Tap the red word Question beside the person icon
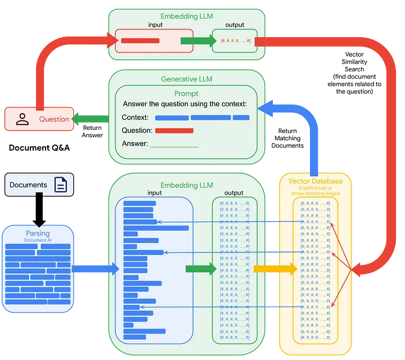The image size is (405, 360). tap(54, 119)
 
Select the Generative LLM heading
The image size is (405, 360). tap(187, 79)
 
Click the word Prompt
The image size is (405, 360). tap(187, 93)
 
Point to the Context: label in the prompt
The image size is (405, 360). tap(135, 118)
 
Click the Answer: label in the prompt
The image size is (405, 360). tap(135, 143)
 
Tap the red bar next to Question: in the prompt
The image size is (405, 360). tap(174, 130)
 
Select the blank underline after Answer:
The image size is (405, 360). tap(174, 146)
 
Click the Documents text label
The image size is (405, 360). tap(28, 185)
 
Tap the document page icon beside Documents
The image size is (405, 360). tap(60, 184)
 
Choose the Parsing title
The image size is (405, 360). tap(37, 233)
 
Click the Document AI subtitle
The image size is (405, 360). tap(37, 240)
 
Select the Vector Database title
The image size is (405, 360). tap(315, 181)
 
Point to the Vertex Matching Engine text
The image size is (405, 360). tap(315, 193)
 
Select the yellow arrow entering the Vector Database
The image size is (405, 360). tap(275, 269)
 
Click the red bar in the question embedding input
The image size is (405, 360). tap(140, 40)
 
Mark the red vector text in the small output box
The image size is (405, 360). tap(235, 40)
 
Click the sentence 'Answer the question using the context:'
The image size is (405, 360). tap(184, 104)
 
